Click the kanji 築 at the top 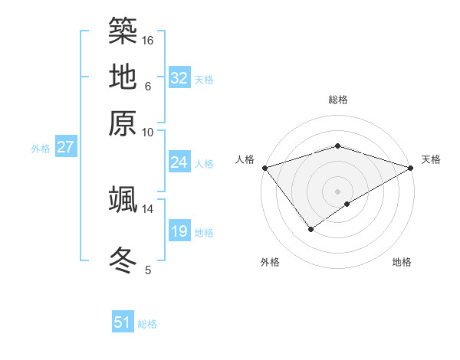pyautogui.click(x=123, y=31)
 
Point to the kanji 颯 pyautogui.click(x=123, y=199)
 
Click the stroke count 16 pyautogui.click(x=149, y=40)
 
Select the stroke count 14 pyautogui.click(x=148, y=208)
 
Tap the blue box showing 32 pyautogui.click(x=179, y=78)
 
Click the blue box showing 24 pyautogui.click(x=179, y=162)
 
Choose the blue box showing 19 pyautogui.click(x=179, y=231)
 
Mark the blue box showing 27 pyautogui.click(x=65, y=147)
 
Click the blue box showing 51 pyautogui.click(x=123, y=322)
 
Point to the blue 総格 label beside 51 pyautogui.click(x=147, y=324)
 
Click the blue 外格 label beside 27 pyautogui.click(x=41, y=149)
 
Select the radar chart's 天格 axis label pyautogui.click(x=431, y=159)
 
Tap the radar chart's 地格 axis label pyautogui.click(x=402, y=263)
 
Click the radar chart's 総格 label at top pyautogui.click(x=337, y=100)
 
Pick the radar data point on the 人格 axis pyautogui.click(x=264, y=168)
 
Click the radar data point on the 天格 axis pyautogui.click(x=411, y=168)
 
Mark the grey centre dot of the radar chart pyautogui.click(x=337, y=191)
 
